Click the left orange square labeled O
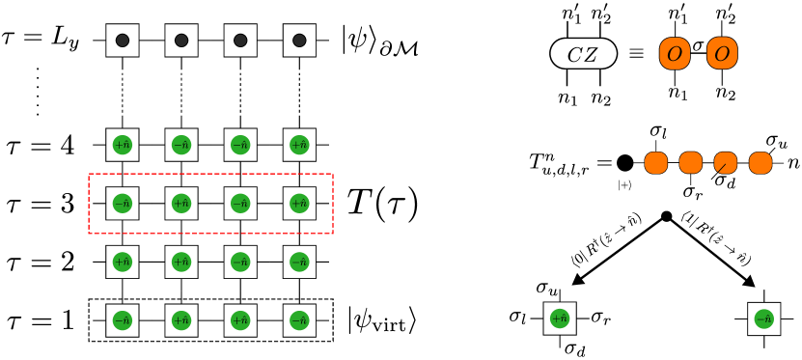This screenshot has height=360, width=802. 675,53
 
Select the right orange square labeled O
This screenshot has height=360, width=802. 722,53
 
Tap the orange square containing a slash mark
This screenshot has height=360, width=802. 726,163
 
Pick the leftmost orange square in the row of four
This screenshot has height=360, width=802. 656,163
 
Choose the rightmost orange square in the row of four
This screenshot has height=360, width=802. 761,163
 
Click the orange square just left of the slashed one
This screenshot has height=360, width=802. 691,163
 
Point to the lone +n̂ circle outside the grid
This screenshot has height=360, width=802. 560,318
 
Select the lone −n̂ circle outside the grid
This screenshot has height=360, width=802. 763,318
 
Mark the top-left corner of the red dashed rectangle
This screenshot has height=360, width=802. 89,175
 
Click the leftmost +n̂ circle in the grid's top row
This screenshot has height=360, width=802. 123,145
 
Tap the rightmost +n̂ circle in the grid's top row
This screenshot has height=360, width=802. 299,145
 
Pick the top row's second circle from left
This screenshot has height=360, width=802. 181,145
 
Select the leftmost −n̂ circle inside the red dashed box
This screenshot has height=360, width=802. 123,204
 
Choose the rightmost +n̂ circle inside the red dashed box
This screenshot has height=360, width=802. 299,204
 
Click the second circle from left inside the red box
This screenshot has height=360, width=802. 181,204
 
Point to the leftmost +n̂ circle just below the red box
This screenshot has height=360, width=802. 123,262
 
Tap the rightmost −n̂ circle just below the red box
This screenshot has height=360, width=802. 299,262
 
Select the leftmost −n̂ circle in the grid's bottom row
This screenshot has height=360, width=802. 123,320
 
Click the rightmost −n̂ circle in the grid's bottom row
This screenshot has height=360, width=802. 299,320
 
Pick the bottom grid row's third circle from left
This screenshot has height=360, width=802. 240,320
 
